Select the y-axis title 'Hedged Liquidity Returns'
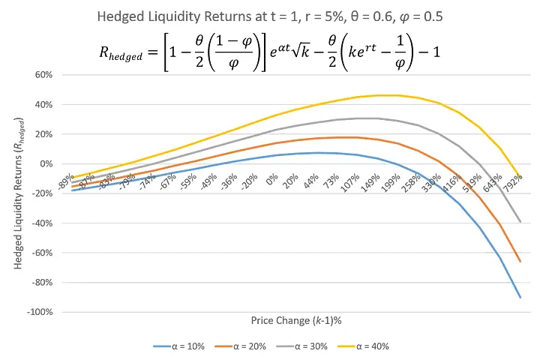[17, 193]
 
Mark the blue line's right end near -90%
[520, 298]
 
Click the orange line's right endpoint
[520, 261]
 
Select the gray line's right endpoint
[520, 222]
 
